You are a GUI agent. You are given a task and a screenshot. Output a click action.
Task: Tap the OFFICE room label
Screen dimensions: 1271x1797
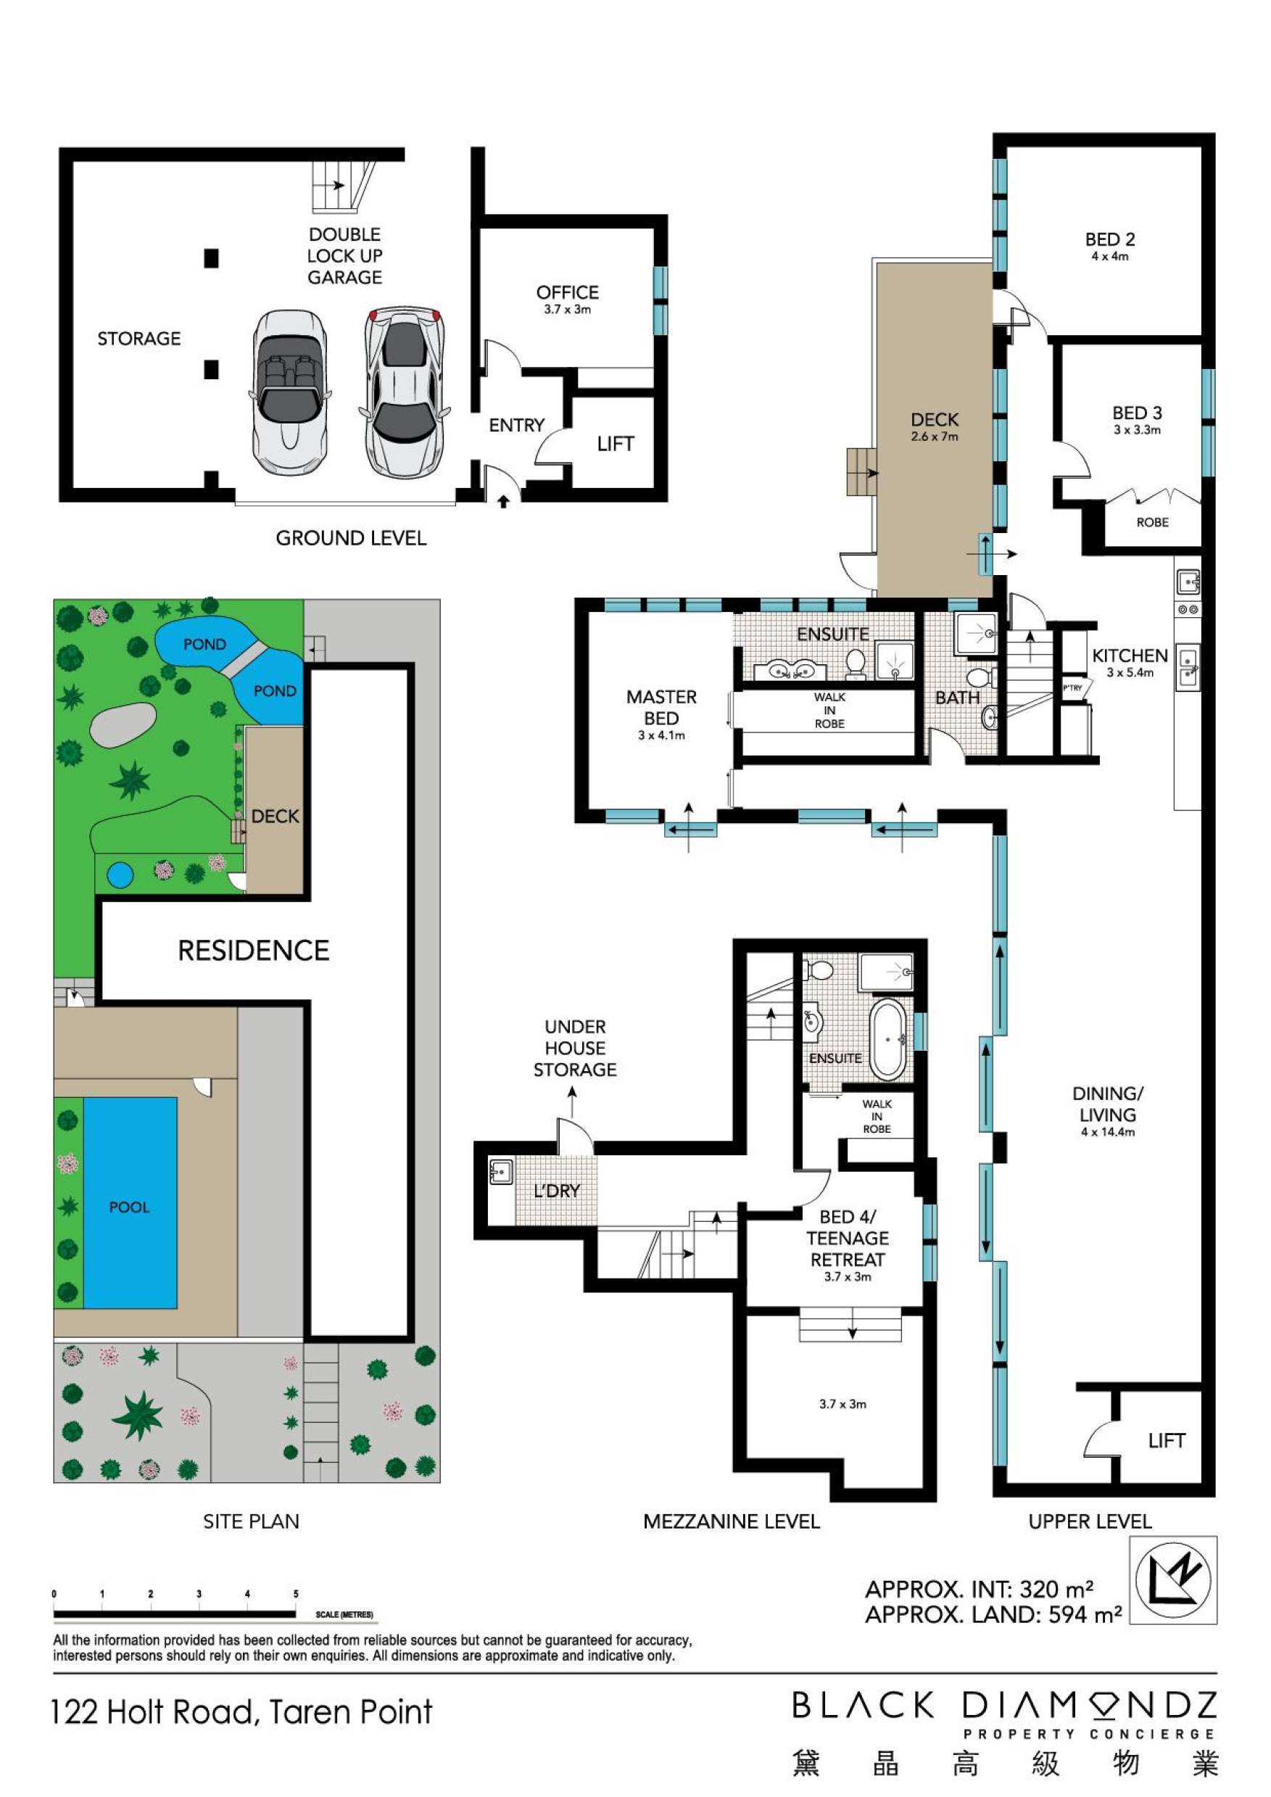click(568, 293)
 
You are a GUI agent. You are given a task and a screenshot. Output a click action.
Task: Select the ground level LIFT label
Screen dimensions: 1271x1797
click(615, 444)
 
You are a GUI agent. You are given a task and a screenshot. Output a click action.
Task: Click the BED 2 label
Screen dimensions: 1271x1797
click(1110, 239)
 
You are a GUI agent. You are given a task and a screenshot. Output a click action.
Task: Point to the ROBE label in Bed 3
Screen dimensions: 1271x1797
click(1152, 522)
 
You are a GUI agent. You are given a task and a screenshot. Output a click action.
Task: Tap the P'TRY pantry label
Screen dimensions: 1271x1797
click(1072, 688)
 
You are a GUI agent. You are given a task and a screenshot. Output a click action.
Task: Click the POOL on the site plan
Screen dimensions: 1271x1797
click(129, 1207)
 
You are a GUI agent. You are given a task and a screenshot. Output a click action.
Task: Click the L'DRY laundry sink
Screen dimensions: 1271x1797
click(500, 1172)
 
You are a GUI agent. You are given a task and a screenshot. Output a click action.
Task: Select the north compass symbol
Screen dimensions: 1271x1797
click(1173, 1579)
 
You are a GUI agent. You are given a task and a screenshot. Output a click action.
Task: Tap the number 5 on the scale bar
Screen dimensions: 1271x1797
click(296, 1593)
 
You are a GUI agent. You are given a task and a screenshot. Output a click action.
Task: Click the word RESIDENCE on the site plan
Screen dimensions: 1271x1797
click(254, 950)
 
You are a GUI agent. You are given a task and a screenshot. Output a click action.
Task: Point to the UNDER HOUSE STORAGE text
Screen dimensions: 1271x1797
click(575, 1048)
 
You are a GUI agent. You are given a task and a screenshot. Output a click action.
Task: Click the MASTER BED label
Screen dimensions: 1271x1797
click(661, 708)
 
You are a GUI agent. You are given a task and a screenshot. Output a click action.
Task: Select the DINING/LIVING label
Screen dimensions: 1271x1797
click(1107, 1104)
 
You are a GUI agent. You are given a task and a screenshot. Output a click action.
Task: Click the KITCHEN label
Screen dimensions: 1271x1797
click(1130, 656)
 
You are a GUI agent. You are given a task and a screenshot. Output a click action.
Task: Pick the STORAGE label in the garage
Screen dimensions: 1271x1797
click(138, 338)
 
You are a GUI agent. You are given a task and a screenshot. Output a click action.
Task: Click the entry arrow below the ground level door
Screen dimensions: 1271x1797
click(503, 502)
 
